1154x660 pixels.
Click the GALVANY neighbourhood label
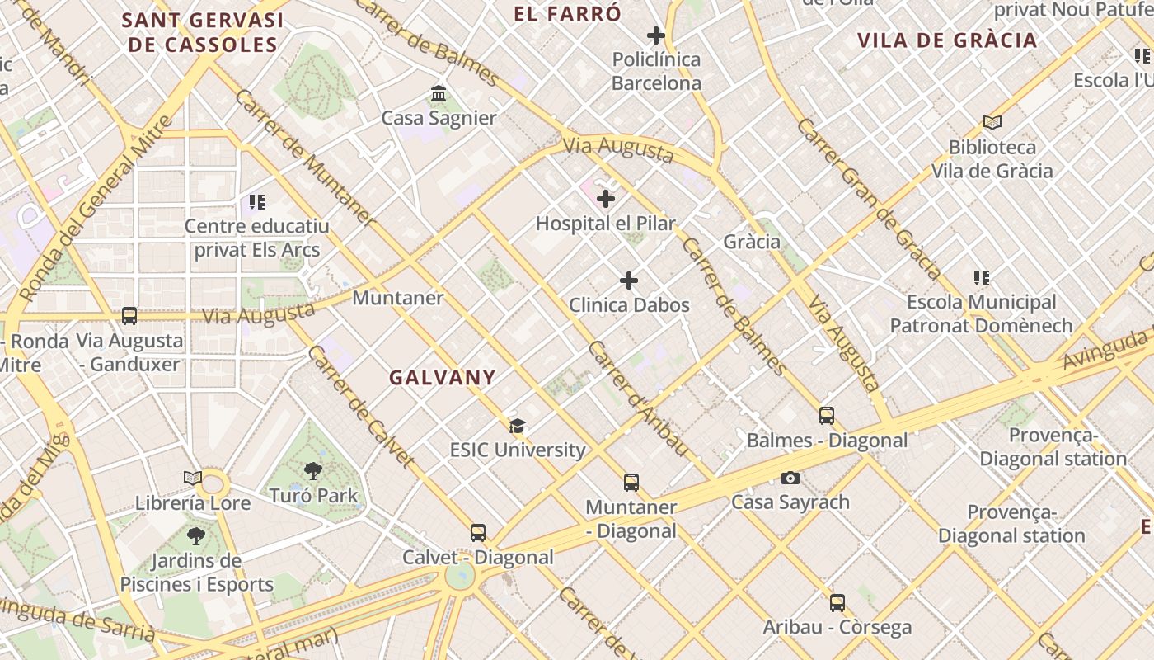pos(443,378)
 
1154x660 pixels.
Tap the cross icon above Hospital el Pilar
pos(606,199)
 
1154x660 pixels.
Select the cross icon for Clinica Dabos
pos(629,281)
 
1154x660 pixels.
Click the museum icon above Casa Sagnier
pos(439,94)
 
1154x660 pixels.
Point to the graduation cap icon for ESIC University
pos(517,426)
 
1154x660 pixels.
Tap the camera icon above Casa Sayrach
pos(790,478)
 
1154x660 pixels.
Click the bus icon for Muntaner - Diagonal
pos(631,483)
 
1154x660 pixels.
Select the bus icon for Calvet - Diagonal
pos(478,533)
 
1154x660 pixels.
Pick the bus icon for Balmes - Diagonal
pos(827,416)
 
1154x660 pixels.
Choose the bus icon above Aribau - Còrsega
pos(837,603)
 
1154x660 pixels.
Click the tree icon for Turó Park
pos(313,471)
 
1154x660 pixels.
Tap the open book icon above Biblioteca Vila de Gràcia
pos(992,123)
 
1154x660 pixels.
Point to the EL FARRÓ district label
pos(567,14)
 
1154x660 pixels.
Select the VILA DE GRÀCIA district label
pos(947,40)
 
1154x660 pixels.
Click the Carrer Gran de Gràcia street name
pos(869,199)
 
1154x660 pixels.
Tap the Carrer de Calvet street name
pos(360,407)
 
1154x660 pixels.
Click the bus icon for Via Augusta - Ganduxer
pos(129,315)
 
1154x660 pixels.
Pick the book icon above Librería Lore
pos(193,478)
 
